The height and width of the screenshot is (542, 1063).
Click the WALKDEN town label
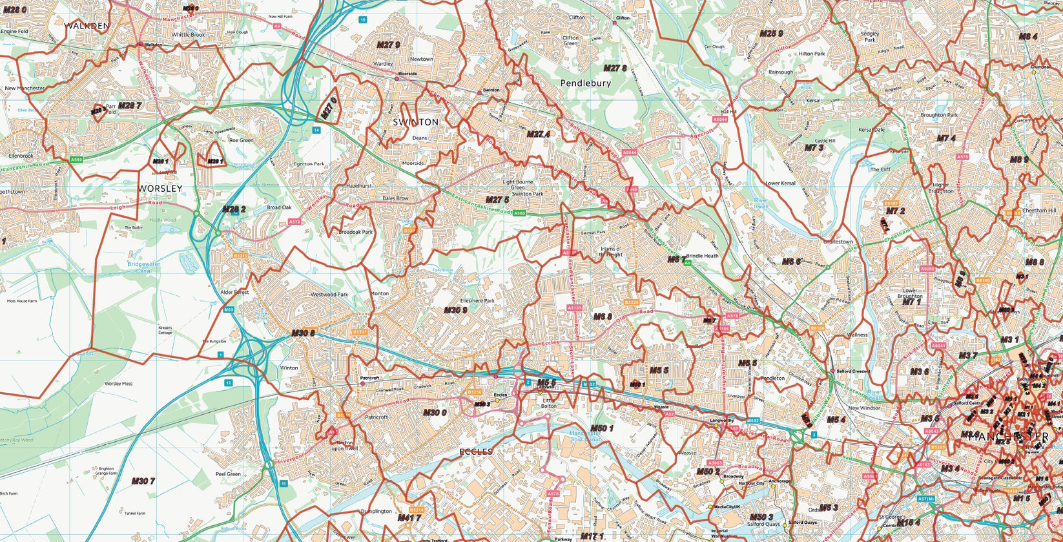click(x=87, y=26)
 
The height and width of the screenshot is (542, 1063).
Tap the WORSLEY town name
click(x=160, y=189)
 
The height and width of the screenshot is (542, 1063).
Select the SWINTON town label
click(x=416, y=122)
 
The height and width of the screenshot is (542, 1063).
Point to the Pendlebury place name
click(x=585, y=83)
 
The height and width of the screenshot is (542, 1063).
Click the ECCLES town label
click(x=477, y=452)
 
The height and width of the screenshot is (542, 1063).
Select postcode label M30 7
click(x=143, y=481)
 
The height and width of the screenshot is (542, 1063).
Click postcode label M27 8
click(x=615, y=68)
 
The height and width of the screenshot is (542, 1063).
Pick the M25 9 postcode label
click(x=771, y=34)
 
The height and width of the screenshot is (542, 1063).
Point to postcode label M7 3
click(x=814, y=148)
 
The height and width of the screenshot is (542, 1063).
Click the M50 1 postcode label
click(x=601, y=428)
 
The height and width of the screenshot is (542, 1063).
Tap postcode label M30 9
click(x=455, y=311)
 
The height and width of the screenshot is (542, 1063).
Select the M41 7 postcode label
click(x=409, y=518)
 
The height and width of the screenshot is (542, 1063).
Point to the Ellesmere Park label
click(x=477, y=300)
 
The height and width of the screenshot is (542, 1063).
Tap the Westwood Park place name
click(x=329, y=295)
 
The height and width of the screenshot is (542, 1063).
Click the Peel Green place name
click(x=228, y=474)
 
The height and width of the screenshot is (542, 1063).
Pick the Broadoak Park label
click(x=356, y=232)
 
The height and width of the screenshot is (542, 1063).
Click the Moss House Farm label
click(x=22, y=301)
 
